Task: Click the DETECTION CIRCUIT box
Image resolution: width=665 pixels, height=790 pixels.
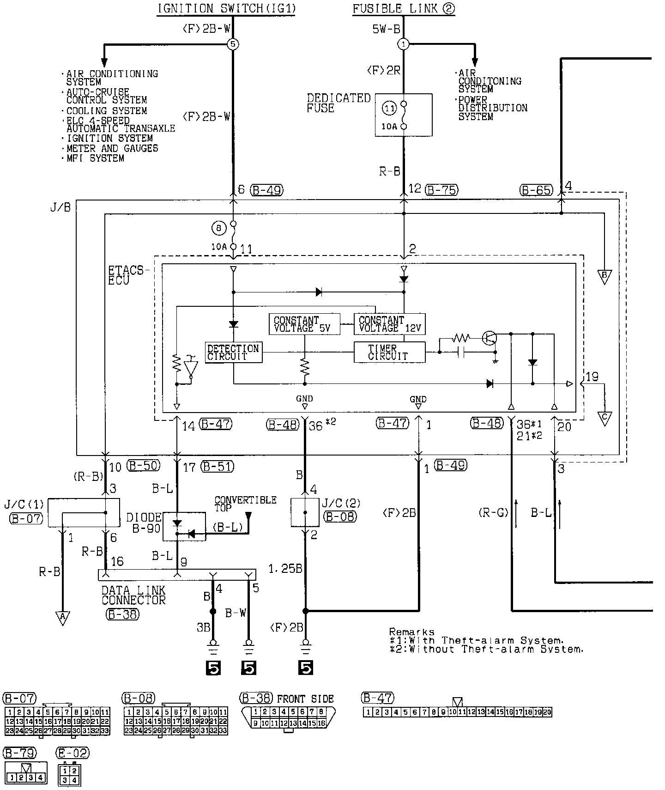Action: (234, 352)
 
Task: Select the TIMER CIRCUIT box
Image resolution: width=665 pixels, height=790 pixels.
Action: (389, 352)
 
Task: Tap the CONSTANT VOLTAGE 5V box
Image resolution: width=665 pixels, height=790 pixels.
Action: (304, 324)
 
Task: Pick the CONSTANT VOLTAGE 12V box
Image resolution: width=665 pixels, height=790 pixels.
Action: (389, 324)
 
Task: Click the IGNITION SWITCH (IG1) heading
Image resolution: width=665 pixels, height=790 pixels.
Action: (226, 9)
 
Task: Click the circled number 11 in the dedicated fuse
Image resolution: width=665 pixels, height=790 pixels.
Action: (390, 109)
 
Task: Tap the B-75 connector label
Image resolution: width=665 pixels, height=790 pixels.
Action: (441, 189)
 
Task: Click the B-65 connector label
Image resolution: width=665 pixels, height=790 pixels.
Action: (536, 189)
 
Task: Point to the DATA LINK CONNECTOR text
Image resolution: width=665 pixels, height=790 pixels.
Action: (133, 595)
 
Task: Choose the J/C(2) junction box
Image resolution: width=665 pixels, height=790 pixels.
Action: (305, 512)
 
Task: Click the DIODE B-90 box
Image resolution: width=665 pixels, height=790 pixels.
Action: (184, 526)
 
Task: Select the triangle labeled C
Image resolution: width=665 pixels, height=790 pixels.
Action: (605, 418)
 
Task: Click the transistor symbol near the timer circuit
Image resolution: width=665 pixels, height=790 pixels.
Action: (490, 338)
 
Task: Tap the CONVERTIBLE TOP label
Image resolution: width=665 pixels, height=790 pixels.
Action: (245, 504)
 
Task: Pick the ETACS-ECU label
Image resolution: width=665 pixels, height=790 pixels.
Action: (126, 275)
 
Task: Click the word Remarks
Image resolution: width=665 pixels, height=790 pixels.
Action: (411, 632)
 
